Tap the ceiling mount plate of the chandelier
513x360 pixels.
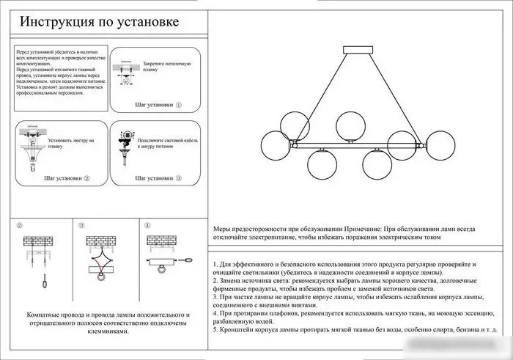(361, 50)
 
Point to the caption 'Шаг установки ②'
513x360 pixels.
(66, 178)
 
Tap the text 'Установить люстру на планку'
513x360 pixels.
(70, 143)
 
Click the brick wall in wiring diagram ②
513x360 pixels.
(37, 240)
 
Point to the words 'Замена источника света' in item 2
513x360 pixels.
(257, 281)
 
